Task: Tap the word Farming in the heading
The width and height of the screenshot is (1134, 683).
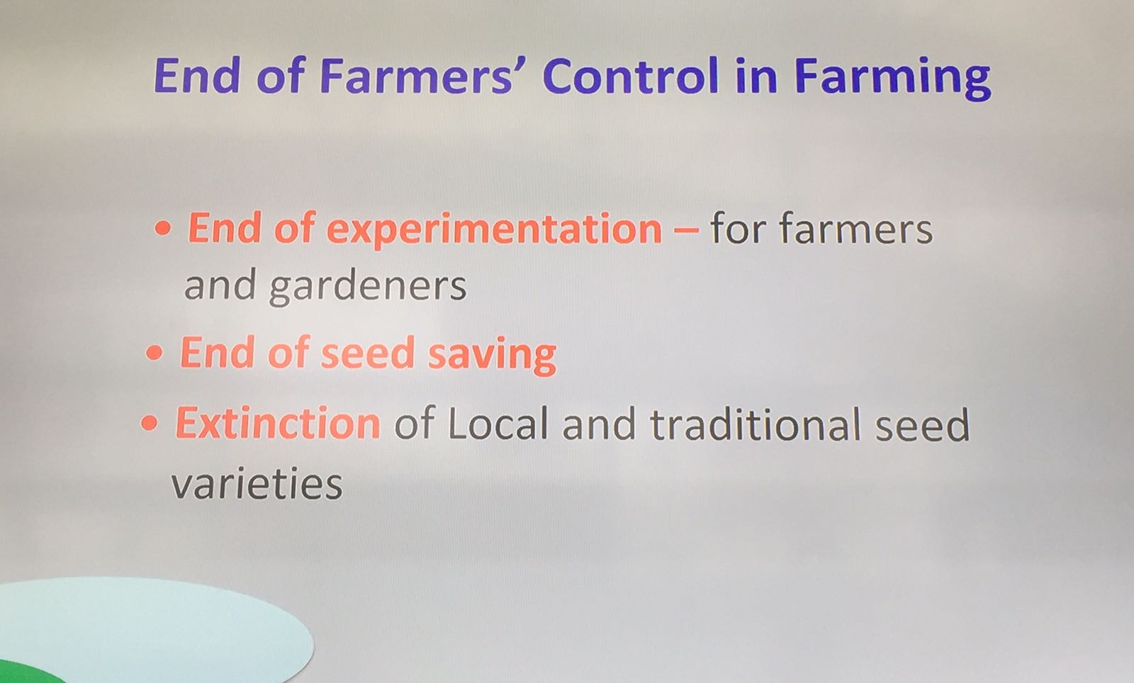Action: pos(892,79)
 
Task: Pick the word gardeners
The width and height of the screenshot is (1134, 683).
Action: pos(368,287)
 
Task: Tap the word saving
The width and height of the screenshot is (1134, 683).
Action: pos(492,356)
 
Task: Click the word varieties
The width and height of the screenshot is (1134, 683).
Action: pos(257,483)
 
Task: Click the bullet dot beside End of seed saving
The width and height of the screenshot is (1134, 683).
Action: pos(155,353)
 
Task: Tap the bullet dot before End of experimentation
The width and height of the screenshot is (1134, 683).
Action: pos(163,228)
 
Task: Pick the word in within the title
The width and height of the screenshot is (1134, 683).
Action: pos(756,77)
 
